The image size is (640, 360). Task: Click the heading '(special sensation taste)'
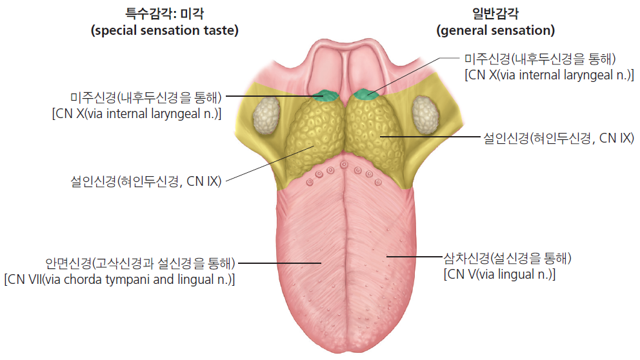tap(165, 30)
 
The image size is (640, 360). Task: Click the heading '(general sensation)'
tap(495, 30)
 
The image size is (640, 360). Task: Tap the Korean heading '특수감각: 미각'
tap(165, 14)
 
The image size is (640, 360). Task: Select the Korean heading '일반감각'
tap(495, 14)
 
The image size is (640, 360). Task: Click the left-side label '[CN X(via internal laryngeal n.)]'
tap(137, 114)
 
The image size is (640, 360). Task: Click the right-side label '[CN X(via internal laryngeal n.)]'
tap(550, 75)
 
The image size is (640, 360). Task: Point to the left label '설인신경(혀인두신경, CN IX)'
tap(146, 181)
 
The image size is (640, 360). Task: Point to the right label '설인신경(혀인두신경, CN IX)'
tap(559, 138)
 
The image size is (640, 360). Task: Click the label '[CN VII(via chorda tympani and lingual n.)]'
tap(119, 279)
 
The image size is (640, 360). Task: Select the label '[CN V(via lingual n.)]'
tap(499, 274)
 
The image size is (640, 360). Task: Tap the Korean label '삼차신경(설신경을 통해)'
tap(507, 258)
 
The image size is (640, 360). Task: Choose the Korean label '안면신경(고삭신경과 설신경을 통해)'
tap(141, 263)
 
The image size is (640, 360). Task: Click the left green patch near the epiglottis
tap(325, 95)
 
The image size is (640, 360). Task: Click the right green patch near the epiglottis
tap(366, 95)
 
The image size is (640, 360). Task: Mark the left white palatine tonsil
tap(266, 115)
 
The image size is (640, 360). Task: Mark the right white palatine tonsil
tap(425, 115)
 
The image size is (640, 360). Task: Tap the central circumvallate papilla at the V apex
tap(344, 165)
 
